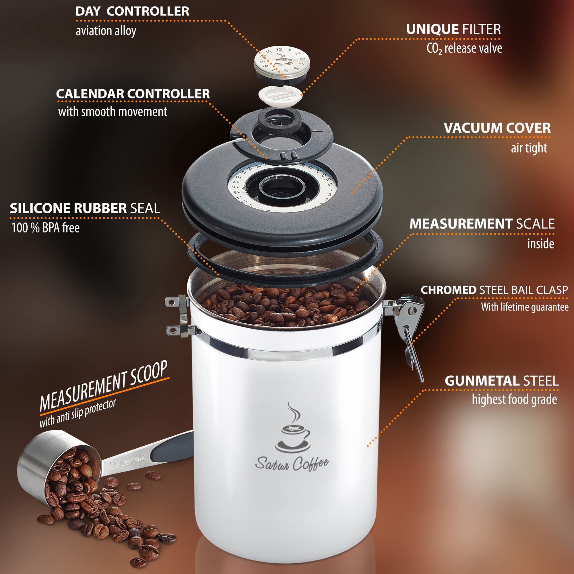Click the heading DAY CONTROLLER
point(132,11)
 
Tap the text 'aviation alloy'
point(106,31)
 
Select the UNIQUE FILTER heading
point(453,29)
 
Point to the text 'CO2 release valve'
point(464,49)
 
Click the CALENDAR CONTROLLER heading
point(133,94)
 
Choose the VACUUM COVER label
point(497,128)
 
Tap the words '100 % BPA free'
point(45,228)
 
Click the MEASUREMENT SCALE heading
point(482,224)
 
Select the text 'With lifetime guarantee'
point(525,307)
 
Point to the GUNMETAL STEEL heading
point(501,381)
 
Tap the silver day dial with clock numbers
point(282,61)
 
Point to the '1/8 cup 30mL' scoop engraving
point(127,462)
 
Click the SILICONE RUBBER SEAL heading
point(85,208)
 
